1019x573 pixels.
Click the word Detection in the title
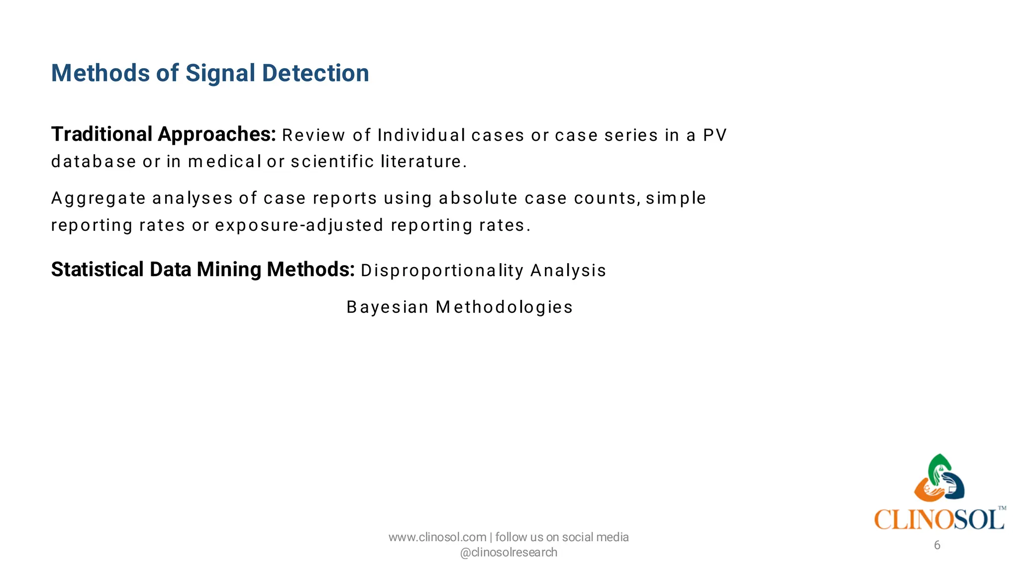tap(315, 73)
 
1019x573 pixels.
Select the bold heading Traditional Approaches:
tap(163, 134)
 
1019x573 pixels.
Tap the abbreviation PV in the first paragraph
tap(714, 135)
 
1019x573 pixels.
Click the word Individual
tap(421, 135)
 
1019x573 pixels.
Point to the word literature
tap(423, 162)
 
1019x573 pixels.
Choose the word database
tap(94, 162)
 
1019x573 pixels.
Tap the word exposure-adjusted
tap(299, 225)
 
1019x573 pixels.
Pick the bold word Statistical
tap(98, 270)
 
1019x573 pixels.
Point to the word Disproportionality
tap(442, 271)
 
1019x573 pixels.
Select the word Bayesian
tap(388, 307)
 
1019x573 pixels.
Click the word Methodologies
tap(504, 307)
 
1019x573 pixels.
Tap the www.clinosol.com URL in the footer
tap(437, 537)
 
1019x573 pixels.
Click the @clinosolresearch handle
tap(509, 552)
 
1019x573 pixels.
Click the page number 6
tap(937, 545)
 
